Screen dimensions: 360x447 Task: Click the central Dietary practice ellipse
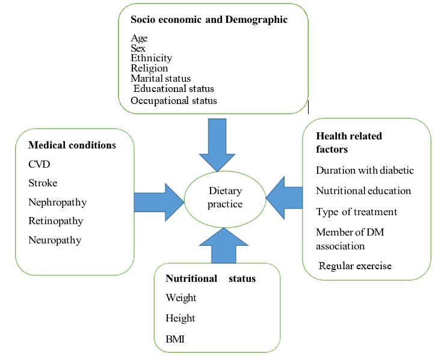(225, 198)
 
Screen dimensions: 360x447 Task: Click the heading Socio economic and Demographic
(209, 20)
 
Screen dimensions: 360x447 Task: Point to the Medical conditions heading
(72, 145)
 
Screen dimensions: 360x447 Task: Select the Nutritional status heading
(211, 279)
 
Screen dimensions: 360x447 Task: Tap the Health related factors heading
(349, 142)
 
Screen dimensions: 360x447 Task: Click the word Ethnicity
(151, 58)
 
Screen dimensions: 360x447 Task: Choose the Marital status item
(161, 79)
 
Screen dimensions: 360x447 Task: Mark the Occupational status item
(174, 100)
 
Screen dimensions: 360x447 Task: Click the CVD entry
(39, 164)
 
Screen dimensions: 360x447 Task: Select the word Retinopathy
(55, 221)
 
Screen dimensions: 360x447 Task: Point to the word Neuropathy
(54, 240)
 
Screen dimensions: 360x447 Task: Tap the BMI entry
(175, 340)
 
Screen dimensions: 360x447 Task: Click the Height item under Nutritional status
(180, 318)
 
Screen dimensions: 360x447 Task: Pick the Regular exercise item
(355, 266)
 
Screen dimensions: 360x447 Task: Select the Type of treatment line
(357, 212)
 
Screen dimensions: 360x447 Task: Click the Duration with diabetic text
(365, 170)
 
